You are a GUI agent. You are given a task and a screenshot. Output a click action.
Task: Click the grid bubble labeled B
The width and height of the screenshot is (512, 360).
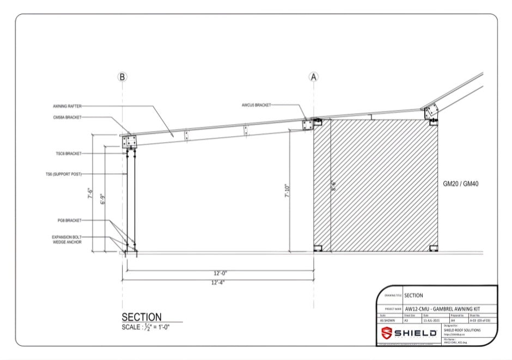[123, 77]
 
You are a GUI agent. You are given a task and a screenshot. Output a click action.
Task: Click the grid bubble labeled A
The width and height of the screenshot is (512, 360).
[314, 77]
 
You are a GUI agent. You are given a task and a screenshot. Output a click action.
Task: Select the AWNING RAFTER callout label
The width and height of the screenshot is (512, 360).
[67, 106]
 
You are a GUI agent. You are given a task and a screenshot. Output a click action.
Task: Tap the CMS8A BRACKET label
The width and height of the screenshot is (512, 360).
[67, 117]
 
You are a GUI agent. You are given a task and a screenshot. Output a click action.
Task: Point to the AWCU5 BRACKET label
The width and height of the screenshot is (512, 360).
[255, 105]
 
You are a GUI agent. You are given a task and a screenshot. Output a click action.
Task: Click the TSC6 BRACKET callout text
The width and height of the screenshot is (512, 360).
[68, 154]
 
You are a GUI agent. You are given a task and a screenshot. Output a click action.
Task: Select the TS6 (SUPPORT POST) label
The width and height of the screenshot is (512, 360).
[63, 174]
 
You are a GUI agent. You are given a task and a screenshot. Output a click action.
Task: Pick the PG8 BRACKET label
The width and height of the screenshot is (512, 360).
[69, 220]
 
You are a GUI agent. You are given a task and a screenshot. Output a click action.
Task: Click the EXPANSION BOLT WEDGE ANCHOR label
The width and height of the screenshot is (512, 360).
[66, 240]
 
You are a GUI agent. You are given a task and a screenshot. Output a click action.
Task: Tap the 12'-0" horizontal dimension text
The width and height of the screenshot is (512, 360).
[220, 273]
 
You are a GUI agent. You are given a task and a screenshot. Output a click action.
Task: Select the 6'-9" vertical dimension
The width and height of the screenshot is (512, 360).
[103, 199]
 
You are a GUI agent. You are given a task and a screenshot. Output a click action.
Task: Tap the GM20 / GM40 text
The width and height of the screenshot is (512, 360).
[460, 184]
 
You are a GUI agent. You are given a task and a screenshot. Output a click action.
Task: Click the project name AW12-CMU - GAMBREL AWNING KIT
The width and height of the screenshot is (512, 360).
[442, 309]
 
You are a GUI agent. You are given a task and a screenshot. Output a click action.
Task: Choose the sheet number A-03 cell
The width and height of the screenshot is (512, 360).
[481, 321]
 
